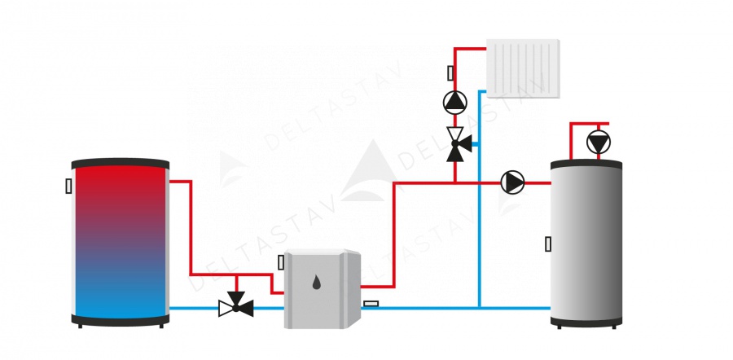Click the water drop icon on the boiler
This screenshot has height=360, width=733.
[316, 284]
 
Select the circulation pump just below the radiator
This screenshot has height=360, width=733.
[454, 102]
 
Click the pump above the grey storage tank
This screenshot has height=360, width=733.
[599, 143]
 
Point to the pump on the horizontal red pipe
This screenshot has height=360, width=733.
[512, 182]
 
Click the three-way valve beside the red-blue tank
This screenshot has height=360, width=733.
[236, 307]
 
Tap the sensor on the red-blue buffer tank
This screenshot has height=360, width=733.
[69, 186]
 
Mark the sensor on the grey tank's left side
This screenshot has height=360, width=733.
[548, 243]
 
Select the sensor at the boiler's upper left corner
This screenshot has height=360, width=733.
[281, 262]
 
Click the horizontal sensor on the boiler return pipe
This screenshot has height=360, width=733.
[371, 304]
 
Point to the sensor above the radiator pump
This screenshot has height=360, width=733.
[450, 73]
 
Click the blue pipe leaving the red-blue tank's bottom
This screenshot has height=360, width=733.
[195, 308]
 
